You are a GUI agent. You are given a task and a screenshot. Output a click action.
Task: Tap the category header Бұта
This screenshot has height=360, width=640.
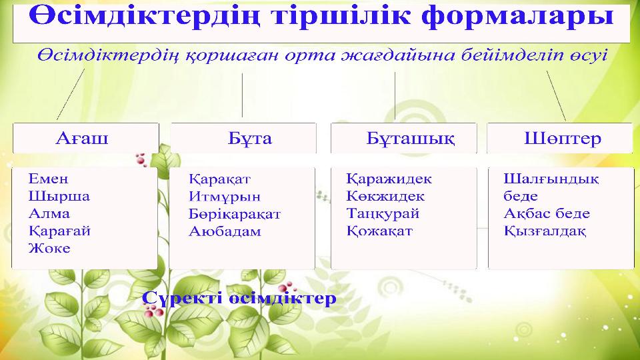tap(250, 139)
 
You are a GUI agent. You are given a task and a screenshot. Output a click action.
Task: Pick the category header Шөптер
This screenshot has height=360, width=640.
tap(563, 139)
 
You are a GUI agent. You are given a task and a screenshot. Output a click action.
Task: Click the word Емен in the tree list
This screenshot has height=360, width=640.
tap(48, 179)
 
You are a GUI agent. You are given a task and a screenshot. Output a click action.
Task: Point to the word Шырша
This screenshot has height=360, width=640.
tap(59, 197)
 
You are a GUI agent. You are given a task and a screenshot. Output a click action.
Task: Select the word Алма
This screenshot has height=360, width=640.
tap(49, 214)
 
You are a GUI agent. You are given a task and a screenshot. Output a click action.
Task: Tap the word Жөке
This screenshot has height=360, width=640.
tap(49, 249)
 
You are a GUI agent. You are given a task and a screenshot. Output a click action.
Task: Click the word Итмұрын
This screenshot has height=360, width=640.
tap(224, 197)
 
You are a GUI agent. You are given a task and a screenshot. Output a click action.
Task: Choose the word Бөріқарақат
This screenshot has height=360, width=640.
tap(234, 215)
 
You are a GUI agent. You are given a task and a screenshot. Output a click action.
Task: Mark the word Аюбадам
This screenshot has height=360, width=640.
tap(224, 232)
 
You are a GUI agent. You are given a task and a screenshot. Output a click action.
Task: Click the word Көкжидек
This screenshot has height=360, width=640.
tap(385, 197)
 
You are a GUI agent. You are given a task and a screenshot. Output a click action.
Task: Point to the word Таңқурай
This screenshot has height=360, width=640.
tap(383, 214)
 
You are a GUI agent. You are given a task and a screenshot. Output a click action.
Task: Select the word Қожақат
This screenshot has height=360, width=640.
tap(379, 231)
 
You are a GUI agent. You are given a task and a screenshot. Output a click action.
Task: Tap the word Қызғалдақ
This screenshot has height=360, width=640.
tap(545, 231)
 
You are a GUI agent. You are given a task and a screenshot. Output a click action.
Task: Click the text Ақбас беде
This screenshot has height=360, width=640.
tap(547, 214)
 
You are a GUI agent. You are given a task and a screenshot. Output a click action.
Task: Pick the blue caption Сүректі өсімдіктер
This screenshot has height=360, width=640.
tap(239, 297)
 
